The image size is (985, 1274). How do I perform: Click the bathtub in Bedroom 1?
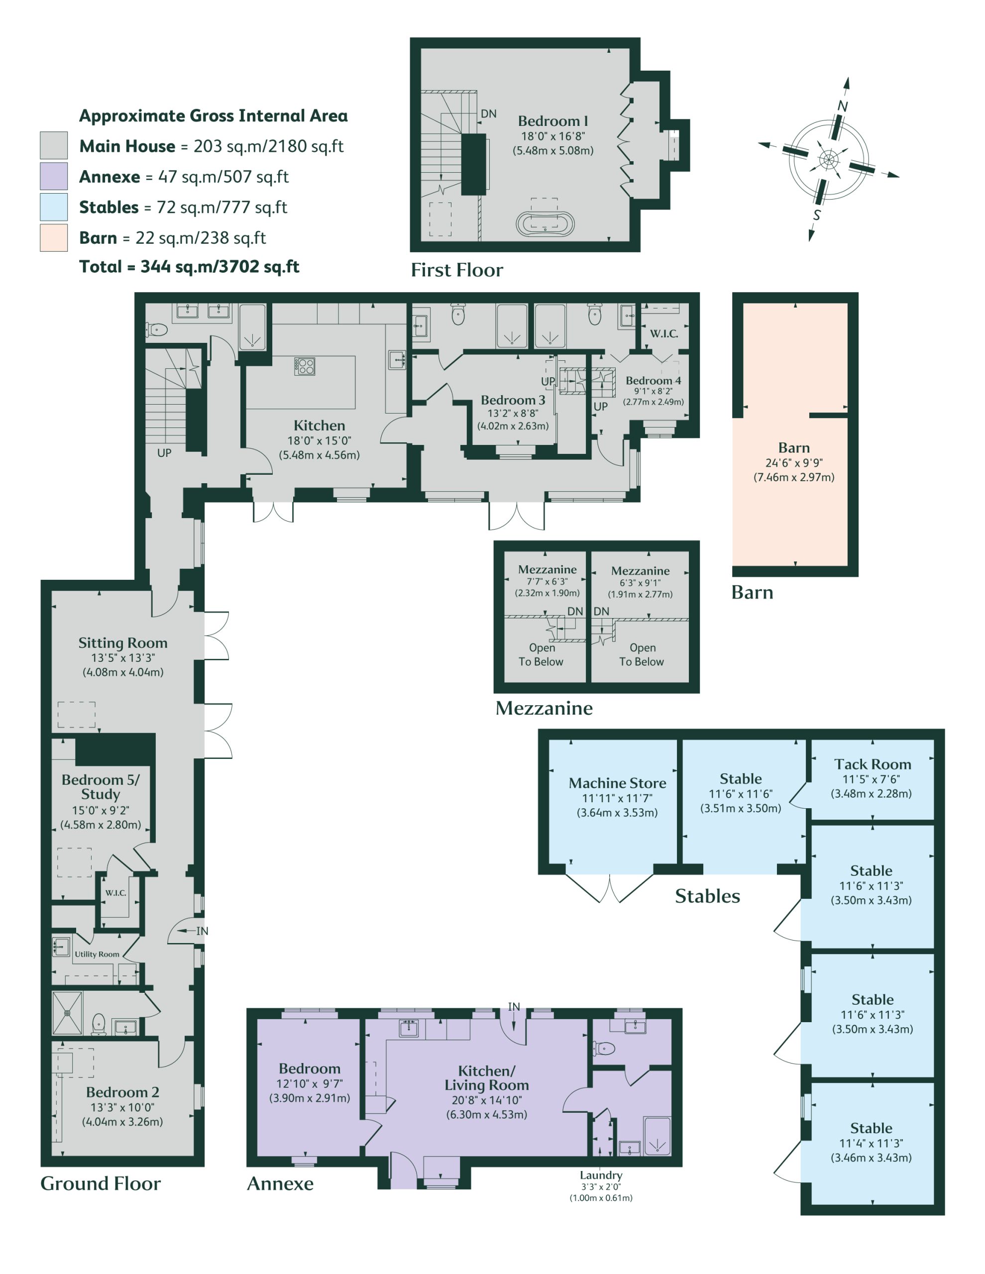545,224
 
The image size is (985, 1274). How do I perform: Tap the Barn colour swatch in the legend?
54,238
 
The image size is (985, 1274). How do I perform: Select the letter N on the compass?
842,106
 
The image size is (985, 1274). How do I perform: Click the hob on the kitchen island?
305,366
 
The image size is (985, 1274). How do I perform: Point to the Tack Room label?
873,764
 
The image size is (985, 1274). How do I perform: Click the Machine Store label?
617,783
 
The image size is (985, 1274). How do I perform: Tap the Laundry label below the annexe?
601,1175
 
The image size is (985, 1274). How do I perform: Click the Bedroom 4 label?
653,380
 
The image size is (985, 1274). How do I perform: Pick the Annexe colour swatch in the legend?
54,176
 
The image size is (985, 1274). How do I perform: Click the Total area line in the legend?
189,267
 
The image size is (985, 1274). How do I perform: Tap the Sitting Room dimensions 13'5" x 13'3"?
122,657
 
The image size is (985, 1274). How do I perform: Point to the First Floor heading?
457,270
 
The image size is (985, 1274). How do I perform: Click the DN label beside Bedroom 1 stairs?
488,114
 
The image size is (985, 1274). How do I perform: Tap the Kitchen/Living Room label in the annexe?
487,1078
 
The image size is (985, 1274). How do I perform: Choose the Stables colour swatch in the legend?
54,207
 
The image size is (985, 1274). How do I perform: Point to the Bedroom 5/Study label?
101,787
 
